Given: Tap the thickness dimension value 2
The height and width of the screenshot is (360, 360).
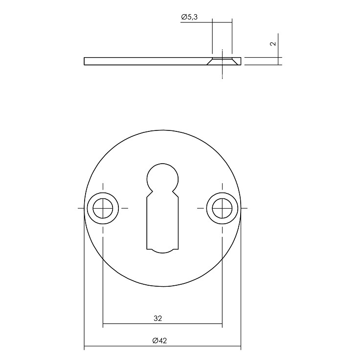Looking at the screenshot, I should pos(273,43).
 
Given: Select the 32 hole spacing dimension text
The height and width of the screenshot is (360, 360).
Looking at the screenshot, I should pos(157,318).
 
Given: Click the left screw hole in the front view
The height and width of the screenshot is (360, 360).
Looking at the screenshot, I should pos(103,208).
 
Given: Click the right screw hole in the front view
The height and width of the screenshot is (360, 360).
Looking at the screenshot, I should pos(222,208).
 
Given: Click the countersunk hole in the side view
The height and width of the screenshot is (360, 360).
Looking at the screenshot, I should pos(222,61).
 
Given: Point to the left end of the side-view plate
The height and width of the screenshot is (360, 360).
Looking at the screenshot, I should pos(85,61).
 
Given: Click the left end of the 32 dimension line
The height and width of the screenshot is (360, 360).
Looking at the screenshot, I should pos(104,324).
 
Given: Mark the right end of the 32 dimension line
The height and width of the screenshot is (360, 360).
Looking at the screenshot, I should pos(222,324).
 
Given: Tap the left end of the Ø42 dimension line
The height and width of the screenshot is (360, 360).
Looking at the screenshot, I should pos(85,348).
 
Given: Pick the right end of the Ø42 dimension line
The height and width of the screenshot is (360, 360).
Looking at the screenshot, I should pos(240,348).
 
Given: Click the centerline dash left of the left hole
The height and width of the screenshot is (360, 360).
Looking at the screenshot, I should pos(81,208).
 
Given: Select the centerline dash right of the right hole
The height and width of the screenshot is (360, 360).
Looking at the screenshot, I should pos(245,208).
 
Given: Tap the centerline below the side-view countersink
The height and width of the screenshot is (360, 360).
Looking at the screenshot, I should pos(222,73).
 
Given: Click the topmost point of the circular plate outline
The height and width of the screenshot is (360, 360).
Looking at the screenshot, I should pos(162,130).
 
